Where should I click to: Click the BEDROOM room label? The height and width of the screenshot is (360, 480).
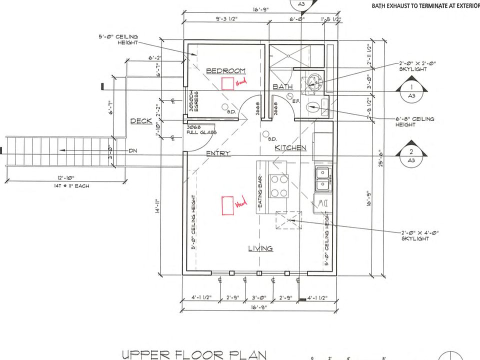click(226, 70)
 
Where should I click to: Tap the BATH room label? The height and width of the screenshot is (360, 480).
click(282, 87)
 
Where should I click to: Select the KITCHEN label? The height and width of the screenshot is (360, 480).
click(290, 148)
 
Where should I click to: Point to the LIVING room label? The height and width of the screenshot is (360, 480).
click(260, 248)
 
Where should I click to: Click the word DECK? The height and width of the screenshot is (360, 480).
click(141, 121)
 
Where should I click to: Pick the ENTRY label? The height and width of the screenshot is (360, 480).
click(218, 153)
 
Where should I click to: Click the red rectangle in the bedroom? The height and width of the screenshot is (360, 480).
click(228, 83)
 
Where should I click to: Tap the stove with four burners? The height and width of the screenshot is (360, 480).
click(279, 186)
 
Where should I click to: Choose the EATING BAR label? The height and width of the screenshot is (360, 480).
click(260, 188)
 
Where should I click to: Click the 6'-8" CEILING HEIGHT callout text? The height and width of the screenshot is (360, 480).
click(415, 122)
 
